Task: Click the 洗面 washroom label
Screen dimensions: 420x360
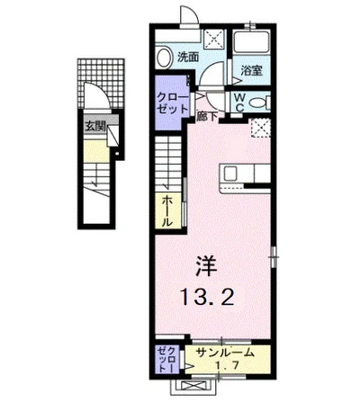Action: pyautogui.click(x=187, y=57)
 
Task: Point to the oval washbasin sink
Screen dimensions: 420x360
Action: pyautogui.click(x=162, y=57)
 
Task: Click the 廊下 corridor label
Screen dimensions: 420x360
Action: pyautogui.click(x=206, y=115)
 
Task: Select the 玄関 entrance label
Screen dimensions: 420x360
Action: pyautogui.click(x=94, y=127)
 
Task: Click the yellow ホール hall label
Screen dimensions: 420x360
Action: pyautogui.click(x=168, y=210)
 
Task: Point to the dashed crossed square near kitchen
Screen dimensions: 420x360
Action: pyautogui.click(x=261, y=129)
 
